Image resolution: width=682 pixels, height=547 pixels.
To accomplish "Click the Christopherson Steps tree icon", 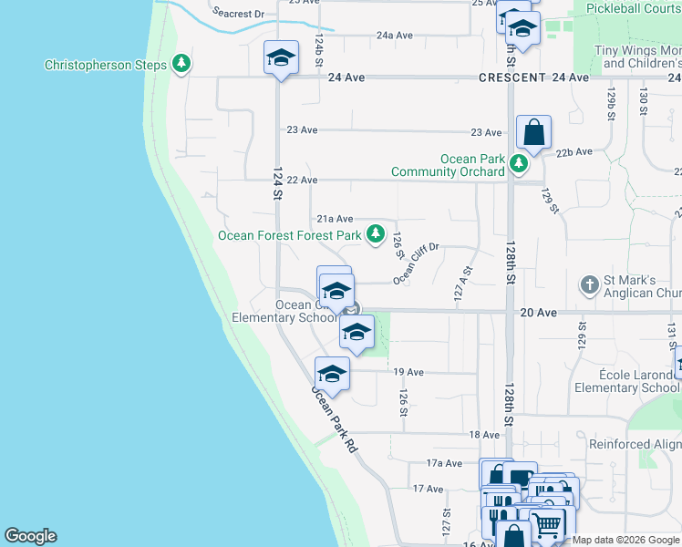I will point(182,64).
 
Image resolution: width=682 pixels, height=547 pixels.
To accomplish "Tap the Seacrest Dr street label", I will point(238,14).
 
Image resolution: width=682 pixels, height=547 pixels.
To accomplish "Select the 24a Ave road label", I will point(395,36).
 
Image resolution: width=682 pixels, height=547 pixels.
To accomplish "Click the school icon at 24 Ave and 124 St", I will point(281,58).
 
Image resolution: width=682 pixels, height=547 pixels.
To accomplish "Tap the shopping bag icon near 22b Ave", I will point(533,133).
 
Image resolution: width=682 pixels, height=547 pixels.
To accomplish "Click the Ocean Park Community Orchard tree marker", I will point(519,164).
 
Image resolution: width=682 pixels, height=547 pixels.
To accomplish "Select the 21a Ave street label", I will point(335,219).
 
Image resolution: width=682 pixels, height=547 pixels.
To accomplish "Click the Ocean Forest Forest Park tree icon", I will point(375,234).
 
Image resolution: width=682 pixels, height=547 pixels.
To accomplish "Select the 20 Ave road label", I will point(538,312).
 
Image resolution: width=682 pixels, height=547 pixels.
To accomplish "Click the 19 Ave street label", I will point(408,372).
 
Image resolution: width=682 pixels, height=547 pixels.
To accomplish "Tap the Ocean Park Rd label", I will point(334,420).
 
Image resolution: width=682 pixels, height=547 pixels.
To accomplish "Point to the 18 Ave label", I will point(484,435).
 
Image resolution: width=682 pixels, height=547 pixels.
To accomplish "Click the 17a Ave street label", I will point(445,463).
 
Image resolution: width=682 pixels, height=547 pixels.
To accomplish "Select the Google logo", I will point(30,536).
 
